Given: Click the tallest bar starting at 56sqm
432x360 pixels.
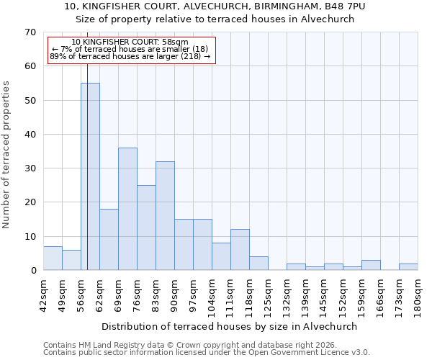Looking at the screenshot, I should pos(90,176).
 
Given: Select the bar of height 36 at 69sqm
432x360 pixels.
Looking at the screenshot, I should pos(127,209).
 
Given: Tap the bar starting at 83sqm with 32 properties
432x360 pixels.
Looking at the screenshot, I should pos(165,216).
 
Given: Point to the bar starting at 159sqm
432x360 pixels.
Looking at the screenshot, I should pos(371,265).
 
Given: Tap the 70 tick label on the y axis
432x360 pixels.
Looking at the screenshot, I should pos(30,32).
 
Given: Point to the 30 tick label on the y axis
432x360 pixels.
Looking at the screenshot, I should pos(30,168).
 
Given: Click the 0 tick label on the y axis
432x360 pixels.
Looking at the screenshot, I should pos(33,271).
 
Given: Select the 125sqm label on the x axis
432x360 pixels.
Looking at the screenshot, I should pos(268,294).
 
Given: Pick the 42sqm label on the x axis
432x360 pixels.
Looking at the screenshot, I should pos(43,294).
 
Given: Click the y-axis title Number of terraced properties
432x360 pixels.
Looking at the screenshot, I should pos(7,154).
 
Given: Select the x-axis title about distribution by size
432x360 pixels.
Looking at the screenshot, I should pos(230,326).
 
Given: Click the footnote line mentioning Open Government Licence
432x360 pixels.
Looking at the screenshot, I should pos(206,353).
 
